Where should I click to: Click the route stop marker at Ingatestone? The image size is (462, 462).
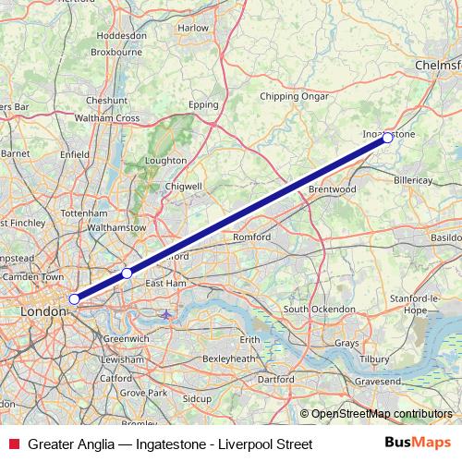(x=387, y=138)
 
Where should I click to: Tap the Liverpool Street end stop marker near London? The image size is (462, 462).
(x=74, y=298)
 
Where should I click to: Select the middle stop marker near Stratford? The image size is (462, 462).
(x=127, y=274)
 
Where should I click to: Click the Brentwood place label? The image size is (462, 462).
(x=333, y=189)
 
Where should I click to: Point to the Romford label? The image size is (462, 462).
(x=251, y=237)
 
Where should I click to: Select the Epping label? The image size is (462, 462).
(x=203, y=105)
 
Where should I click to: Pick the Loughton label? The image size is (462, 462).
(x=166, y=160)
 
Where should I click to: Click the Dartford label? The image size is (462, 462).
(x=276, y=379)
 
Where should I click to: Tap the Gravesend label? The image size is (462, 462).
(x=378, y=380)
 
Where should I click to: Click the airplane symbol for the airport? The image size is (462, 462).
(x=166, y=315)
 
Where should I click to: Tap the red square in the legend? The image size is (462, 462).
(x=12, y=444)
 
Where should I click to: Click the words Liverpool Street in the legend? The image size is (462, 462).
(x=268, y=444)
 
